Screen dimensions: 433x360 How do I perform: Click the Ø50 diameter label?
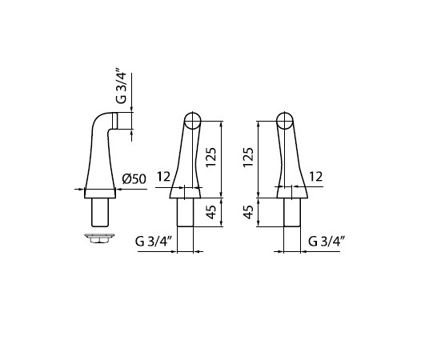(134, 179)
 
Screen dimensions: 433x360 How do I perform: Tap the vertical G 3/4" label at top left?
(121, 88)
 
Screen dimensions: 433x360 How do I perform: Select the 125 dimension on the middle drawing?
(211, 157)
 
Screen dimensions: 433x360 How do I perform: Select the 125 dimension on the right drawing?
(248, 157)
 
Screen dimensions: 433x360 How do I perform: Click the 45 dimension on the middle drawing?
(211, 212)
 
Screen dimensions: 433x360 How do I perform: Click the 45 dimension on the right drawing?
(249, 212)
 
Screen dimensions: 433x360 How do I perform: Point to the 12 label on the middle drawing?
(164, 177)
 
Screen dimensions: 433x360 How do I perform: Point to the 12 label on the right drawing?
(315, 177)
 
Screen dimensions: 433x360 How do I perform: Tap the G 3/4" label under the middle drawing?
(154, 242)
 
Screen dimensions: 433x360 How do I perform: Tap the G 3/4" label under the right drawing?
(327, 242)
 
